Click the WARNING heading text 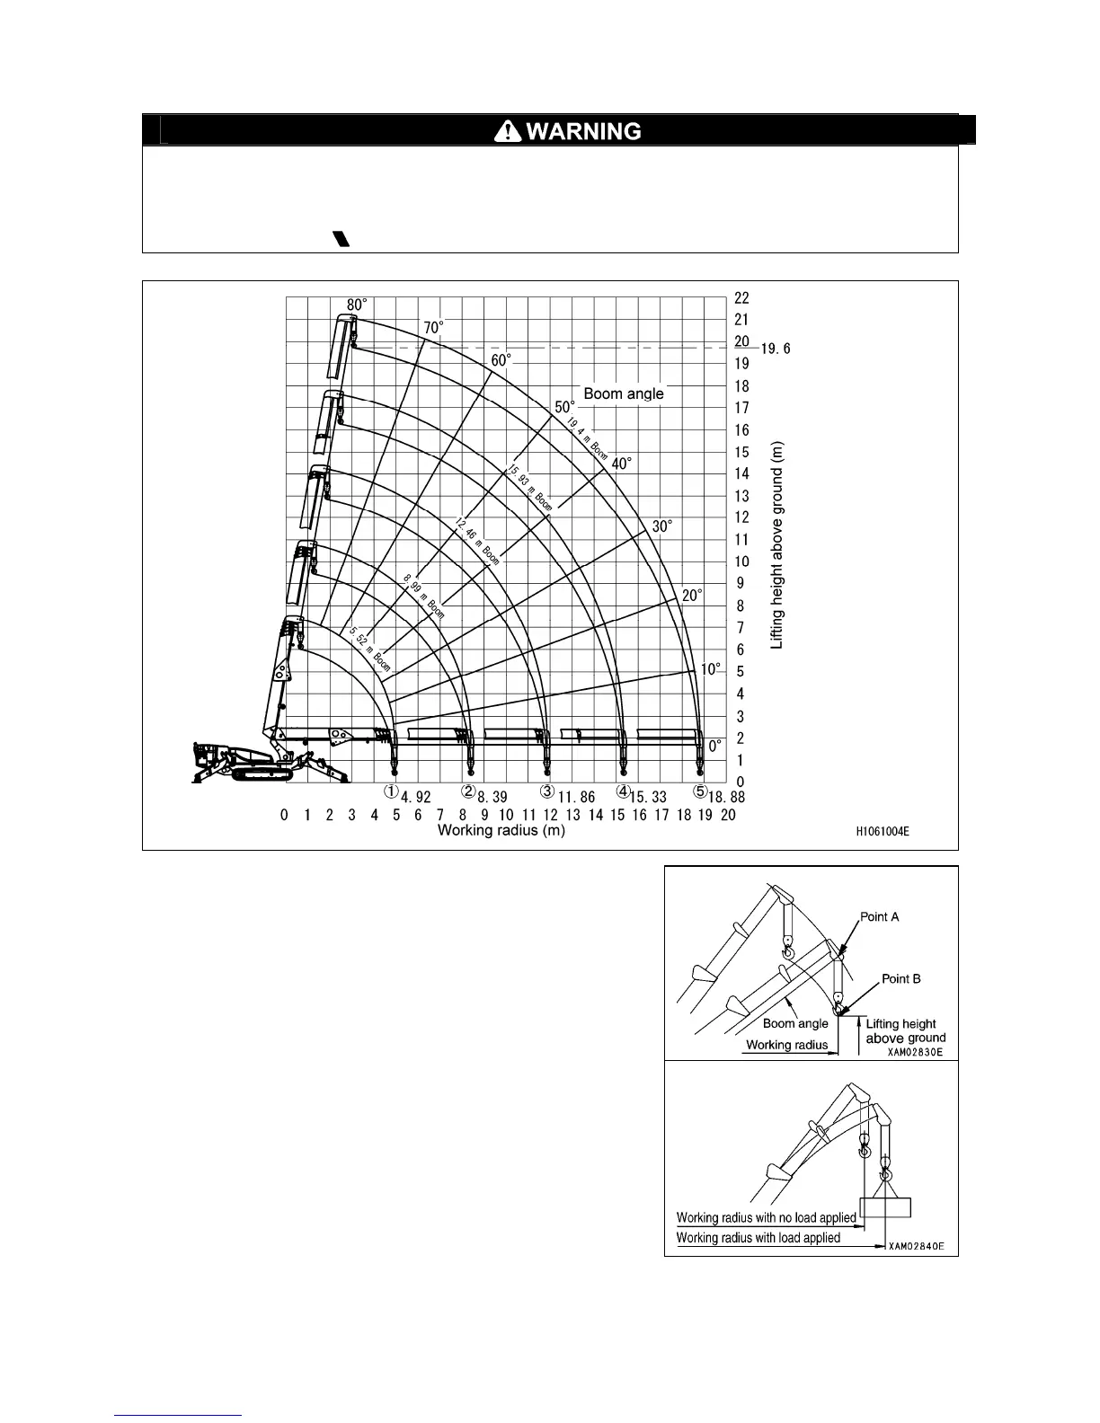[582, 131]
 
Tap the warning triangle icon [508, 131]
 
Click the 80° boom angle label [357, 305]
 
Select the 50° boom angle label [564, 407]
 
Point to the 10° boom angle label [710, 669]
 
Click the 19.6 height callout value [776, 349]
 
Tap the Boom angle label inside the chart [624, 393]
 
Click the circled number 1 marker [391, 792]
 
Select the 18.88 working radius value [726, 797]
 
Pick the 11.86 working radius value [576, 797]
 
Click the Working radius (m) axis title [501, 830]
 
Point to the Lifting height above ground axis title [777, 544]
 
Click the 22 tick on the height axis [741, 298]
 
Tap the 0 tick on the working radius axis [284, 815]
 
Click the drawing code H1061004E [882, 832]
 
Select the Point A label [879, 917]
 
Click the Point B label [900, 979]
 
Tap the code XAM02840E [915, 1246]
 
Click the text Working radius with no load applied [766, 1218]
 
